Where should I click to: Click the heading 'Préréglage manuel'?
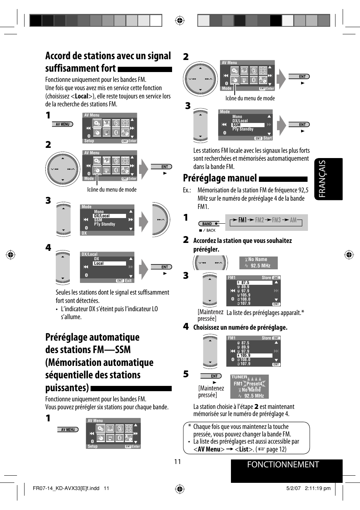coord(220,178)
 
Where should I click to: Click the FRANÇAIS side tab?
coord(328,179)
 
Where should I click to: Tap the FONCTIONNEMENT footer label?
coord(283,465)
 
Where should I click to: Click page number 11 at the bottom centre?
coord(177,462)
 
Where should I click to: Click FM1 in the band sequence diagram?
coord(242,220)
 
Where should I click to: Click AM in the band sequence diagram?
coord(293,220)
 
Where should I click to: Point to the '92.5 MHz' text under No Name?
coord(260,266)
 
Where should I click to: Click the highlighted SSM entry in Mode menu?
coord(237,125)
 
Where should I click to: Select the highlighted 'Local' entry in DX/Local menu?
coord(99,263)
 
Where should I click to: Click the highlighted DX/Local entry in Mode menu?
coord(102,216)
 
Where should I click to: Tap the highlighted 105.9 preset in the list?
coord(245,355)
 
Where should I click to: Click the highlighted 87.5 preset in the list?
coord(245,283)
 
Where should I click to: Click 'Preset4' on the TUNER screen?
coord(254,384)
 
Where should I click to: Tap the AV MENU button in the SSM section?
coord(68,429)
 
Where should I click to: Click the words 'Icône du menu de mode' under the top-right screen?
coord(250,98)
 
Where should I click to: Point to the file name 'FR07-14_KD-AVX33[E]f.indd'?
coord(66,488)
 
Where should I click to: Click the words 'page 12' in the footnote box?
coord(276,449)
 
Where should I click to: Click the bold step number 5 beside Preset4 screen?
coord(186,374)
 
